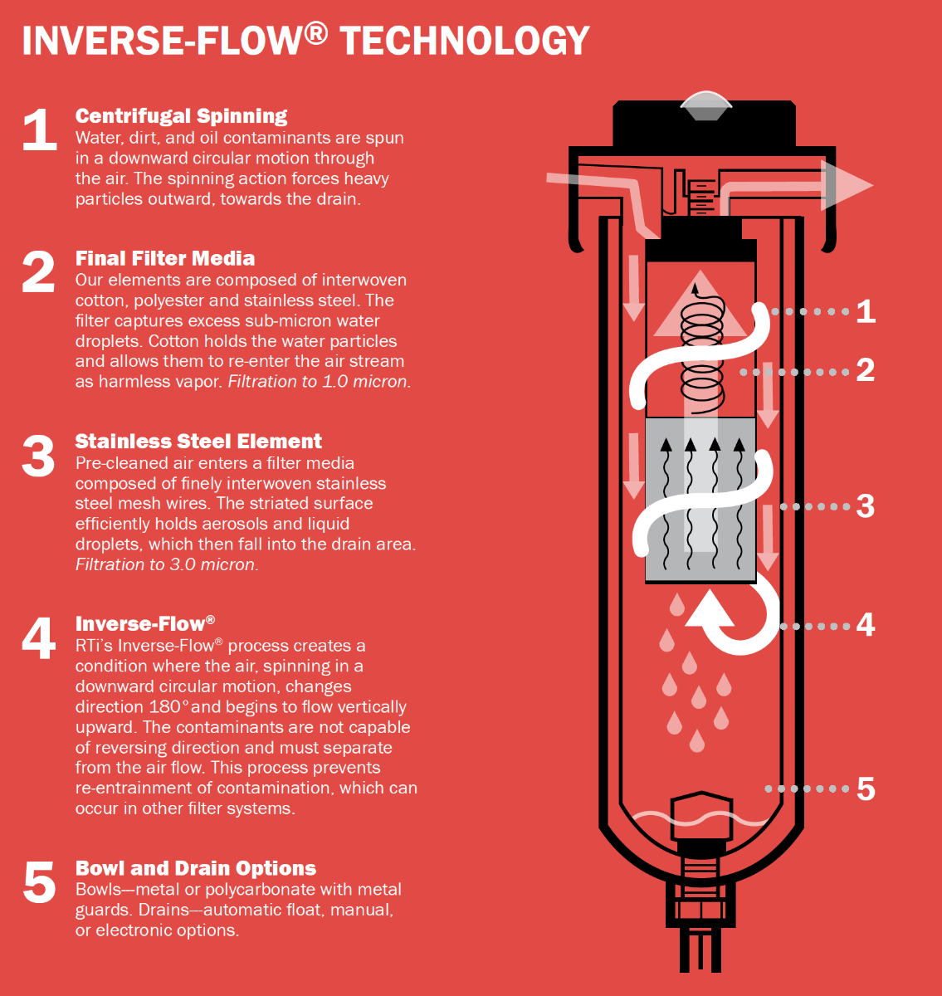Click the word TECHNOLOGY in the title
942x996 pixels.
[x=465, y=40]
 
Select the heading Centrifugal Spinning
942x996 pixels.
[x=181, y=116]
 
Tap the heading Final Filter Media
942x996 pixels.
[x=164, y=258]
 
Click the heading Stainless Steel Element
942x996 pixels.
[x=198, y=441]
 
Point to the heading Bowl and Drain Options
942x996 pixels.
[x=195, y=868]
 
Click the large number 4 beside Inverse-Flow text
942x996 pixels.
[x=38, y=639]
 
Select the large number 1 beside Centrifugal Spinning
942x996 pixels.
[x=39, y=130]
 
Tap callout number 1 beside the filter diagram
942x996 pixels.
[x=866, y=311]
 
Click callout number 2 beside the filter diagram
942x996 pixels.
[x=866, y=370]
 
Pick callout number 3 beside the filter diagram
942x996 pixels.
[x=866, y=506]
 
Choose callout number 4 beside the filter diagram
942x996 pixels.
[x=866, y=625]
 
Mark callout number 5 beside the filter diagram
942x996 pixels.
[x=866, y=788]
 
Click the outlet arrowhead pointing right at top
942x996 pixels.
[x=847, y=185]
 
